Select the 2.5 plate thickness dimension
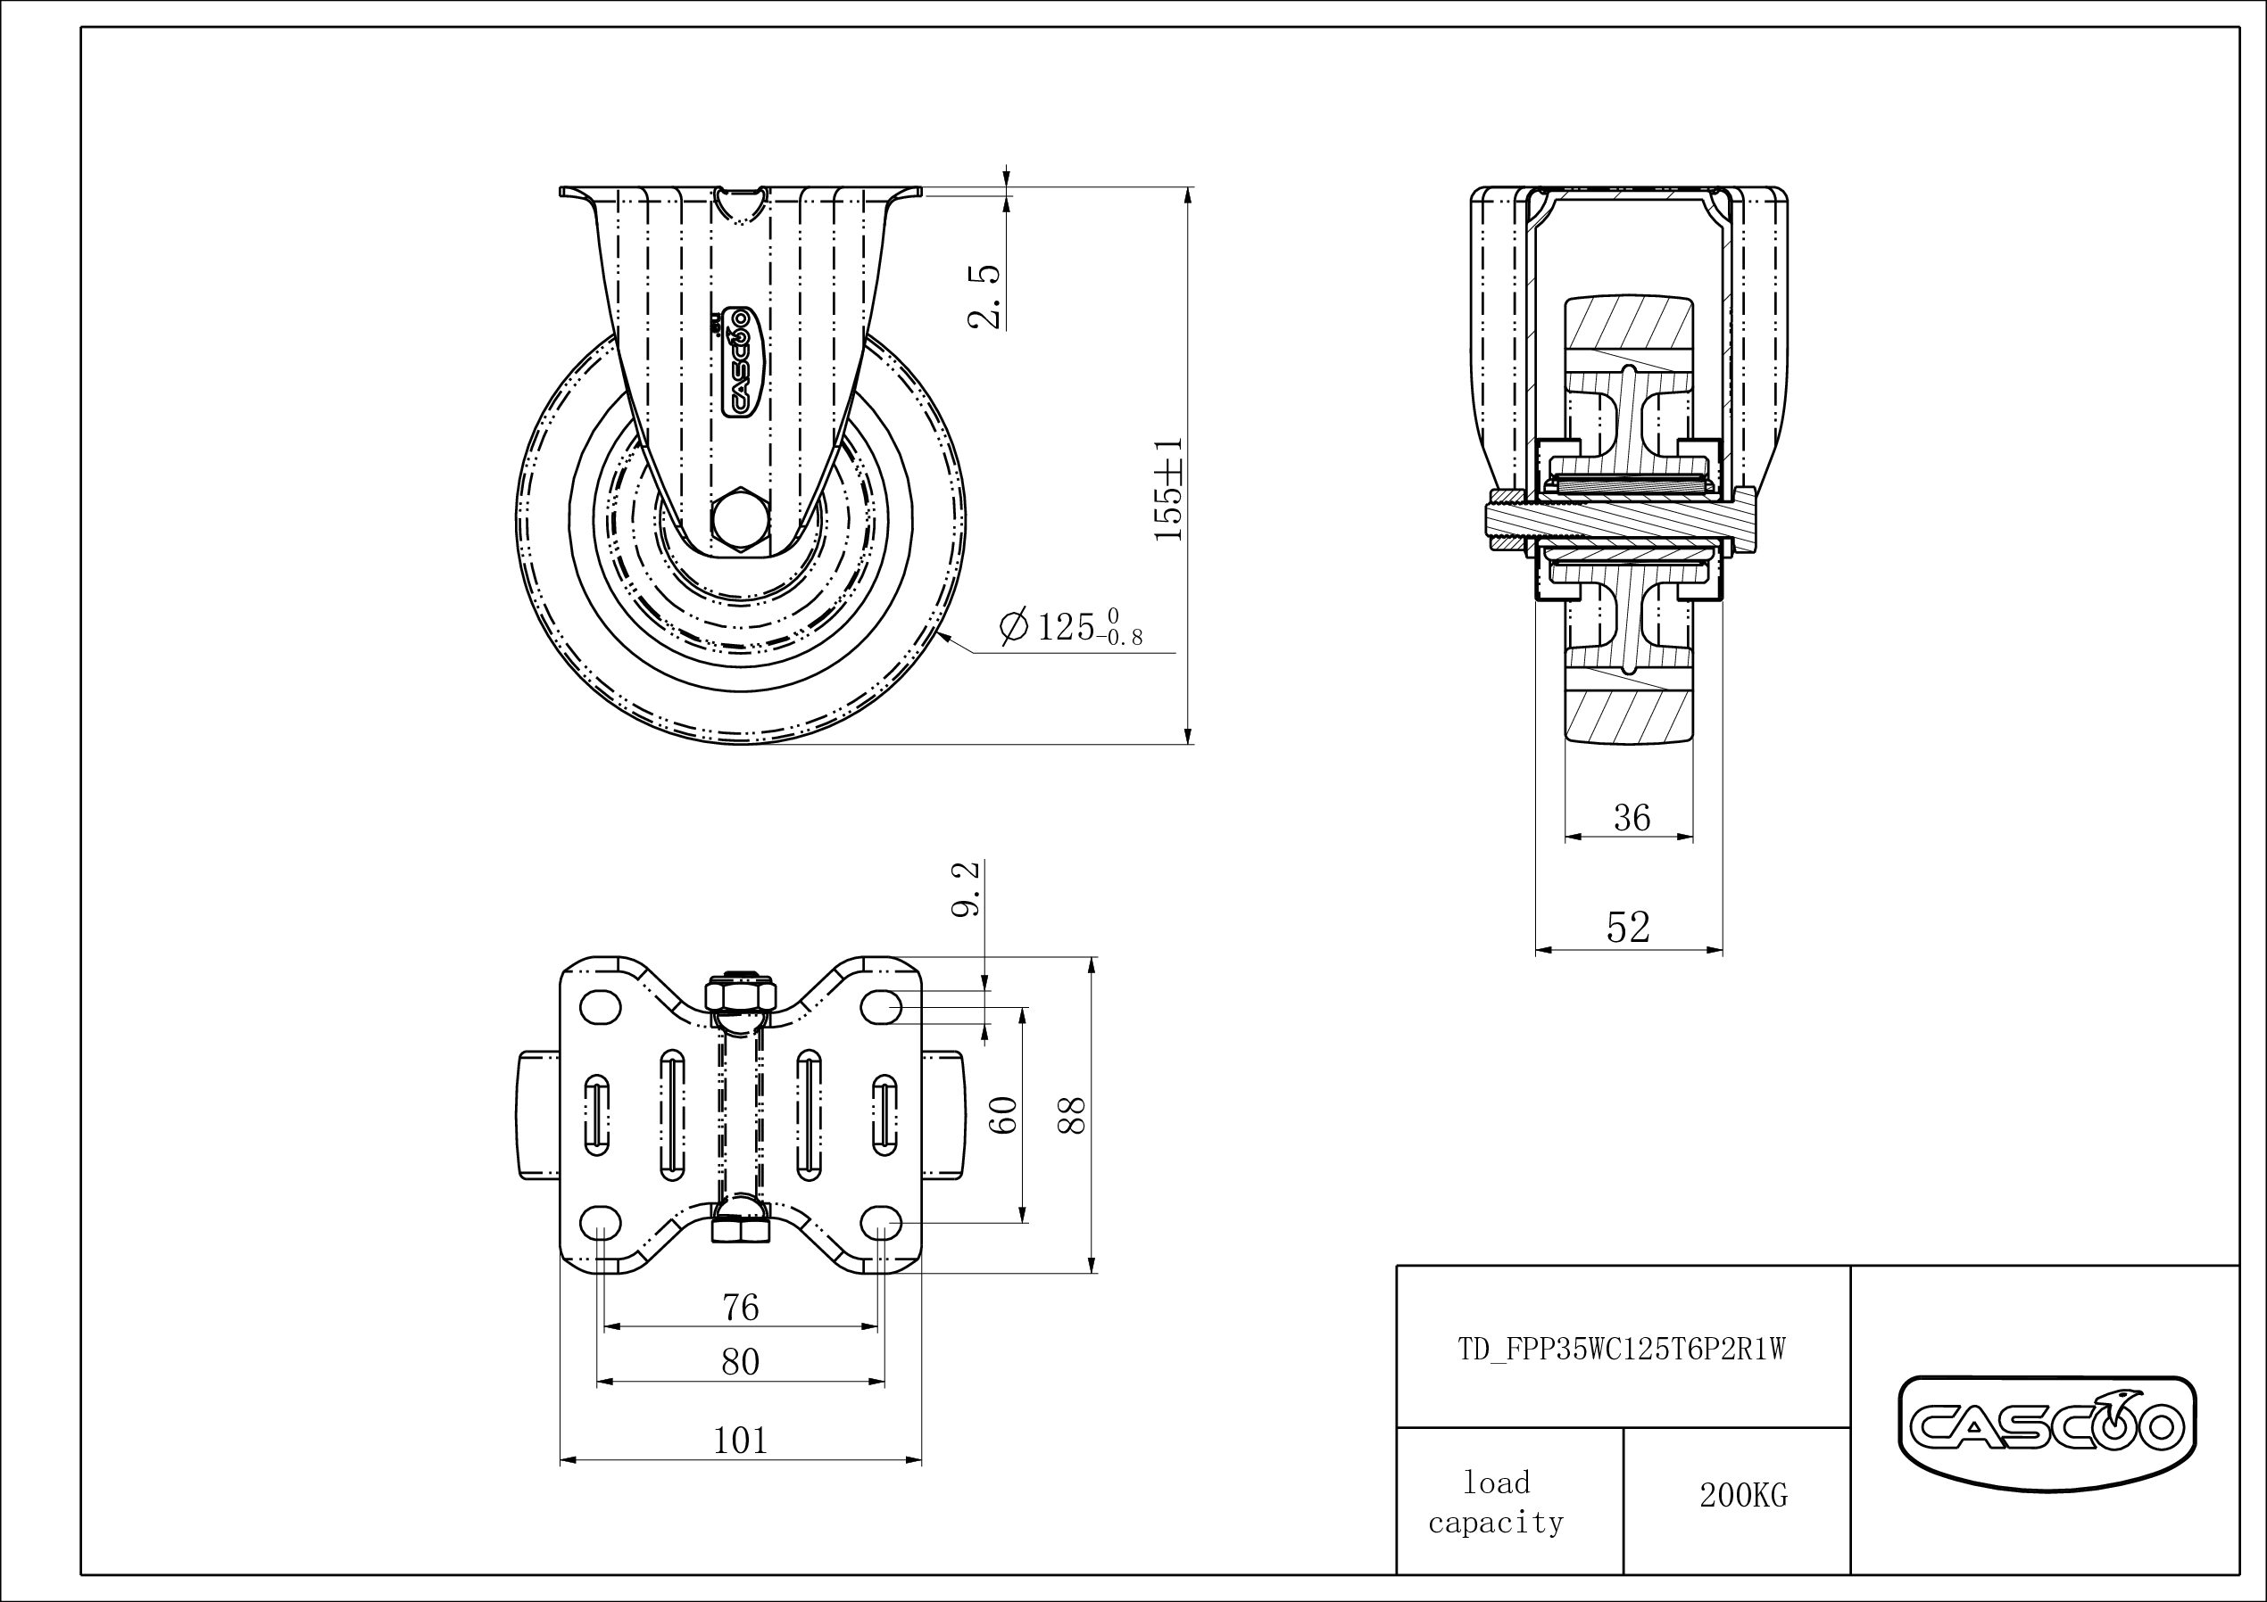(x=985, y=295)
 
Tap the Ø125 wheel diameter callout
(x=1071, y=627)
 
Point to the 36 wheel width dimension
(x=1632, y=817)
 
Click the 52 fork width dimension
(x=1628, y=927)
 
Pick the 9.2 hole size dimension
(x=967, y=888)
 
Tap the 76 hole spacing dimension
(x=741, y=1308)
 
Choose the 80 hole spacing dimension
(x=741, y=1362)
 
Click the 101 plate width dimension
(x=741, y=1441)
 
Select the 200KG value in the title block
(x=1743, y=1495)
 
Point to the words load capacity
(x=1496, y=1502)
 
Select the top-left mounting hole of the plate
(x=600, y=1008)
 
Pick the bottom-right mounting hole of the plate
(x=881, y=1224)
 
